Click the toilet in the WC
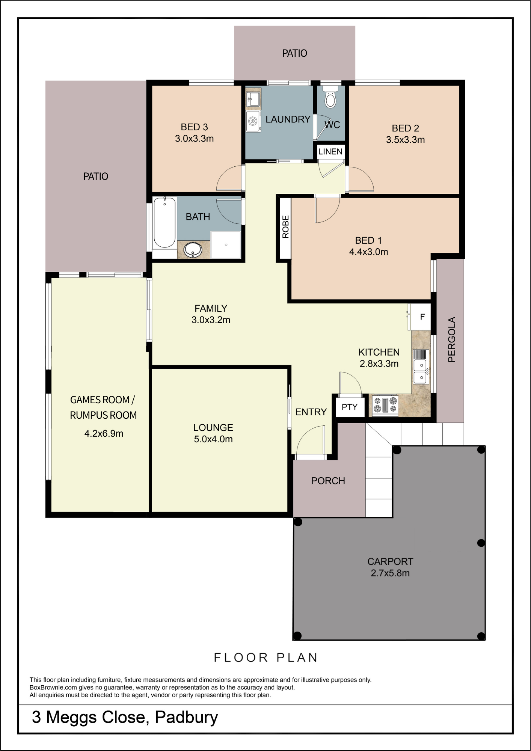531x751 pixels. click(x=330, y=97)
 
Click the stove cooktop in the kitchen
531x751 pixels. click(x=385, y=405)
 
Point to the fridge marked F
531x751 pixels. click(x=421, y=317)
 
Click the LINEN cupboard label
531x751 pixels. click(x=330, y=152)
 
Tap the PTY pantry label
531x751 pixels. click(x=349, y=407)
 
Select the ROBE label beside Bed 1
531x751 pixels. click(x=286, y=227)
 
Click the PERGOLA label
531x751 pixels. click(x=451, y=339)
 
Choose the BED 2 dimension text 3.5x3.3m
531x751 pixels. click(x=406, y=140)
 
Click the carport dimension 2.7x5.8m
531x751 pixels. click(x=390, y=573)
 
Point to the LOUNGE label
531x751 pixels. click(x=213, y=428)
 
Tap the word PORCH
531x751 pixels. click(x=328, y=481)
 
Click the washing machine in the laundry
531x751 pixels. click(x=253, y=121)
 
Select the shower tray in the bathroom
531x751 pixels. click(x=226, y=245)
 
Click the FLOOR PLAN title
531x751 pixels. click(x=266, y=658)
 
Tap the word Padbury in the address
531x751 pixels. click(x=186, y=718)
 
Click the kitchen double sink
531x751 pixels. click(x=421, y=371)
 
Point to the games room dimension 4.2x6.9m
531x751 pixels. click(x=104, y=434)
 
